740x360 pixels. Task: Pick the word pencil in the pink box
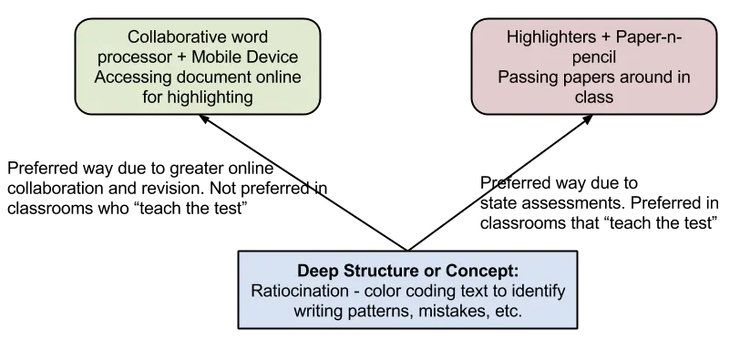(594, 57)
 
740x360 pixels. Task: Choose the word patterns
(381, 312)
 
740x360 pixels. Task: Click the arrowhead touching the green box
(204, 118)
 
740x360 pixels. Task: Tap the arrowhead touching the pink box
(588, 118)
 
